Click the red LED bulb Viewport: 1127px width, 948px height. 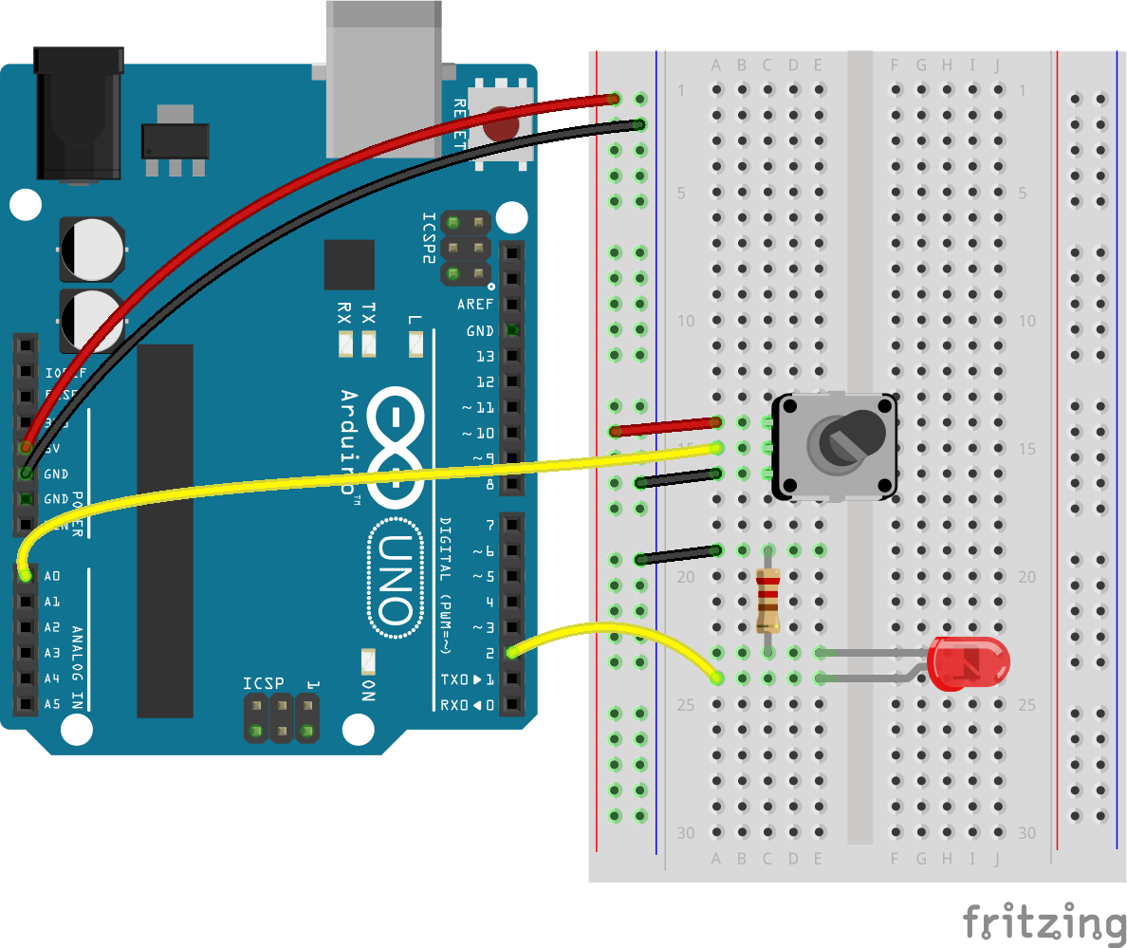(x=969, y=663)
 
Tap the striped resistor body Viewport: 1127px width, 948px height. (x=768, y=600)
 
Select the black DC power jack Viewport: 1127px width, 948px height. (x=78, y=114)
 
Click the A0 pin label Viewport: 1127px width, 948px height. (x=52, y=576)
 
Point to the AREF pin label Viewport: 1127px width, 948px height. (x=475, y=305)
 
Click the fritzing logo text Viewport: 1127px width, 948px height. (x=1044, y=921)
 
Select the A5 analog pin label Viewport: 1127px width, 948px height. (x=52, y=704)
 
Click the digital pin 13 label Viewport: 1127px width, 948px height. (x=485, y=356)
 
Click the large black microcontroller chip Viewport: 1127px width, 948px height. (x=165, y=530)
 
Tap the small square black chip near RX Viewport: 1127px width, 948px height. (x=349, y=265)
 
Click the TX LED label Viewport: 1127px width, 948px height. (x=369, y=312)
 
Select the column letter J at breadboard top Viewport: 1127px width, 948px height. (x=997, y=65)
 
